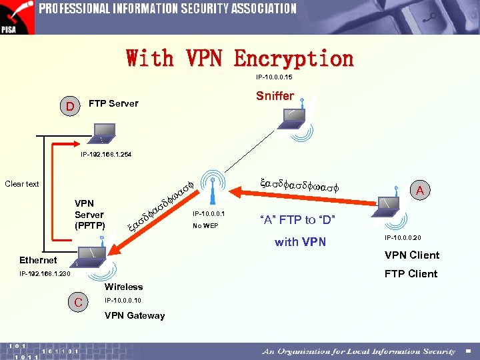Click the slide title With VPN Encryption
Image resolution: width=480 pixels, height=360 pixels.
(240, 59)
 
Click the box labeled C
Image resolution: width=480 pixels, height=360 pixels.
(79, 303)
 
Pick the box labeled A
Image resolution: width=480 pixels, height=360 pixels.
(419, 191)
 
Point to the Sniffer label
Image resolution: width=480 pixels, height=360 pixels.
(275, 96)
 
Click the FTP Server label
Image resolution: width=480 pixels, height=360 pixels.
(113, 103)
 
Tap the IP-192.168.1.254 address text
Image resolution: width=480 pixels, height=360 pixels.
(106, 155)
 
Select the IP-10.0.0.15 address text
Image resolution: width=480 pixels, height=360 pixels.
(274, 77)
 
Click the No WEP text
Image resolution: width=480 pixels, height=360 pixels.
(205, 226)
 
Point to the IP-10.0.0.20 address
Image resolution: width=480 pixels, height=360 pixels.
(403, 237)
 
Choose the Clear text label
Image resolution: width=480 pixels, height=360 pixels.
(22, 184)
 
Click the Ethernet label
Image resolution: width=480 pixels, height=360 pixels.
(38, 260)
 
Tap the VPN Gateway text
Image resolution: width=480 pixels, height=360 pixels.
(135, 315)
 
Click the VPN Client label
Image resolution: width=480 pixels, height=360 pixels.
(411, 255)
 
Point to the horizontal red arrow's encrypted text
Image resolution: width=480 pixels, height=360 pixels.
(299, 185)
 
